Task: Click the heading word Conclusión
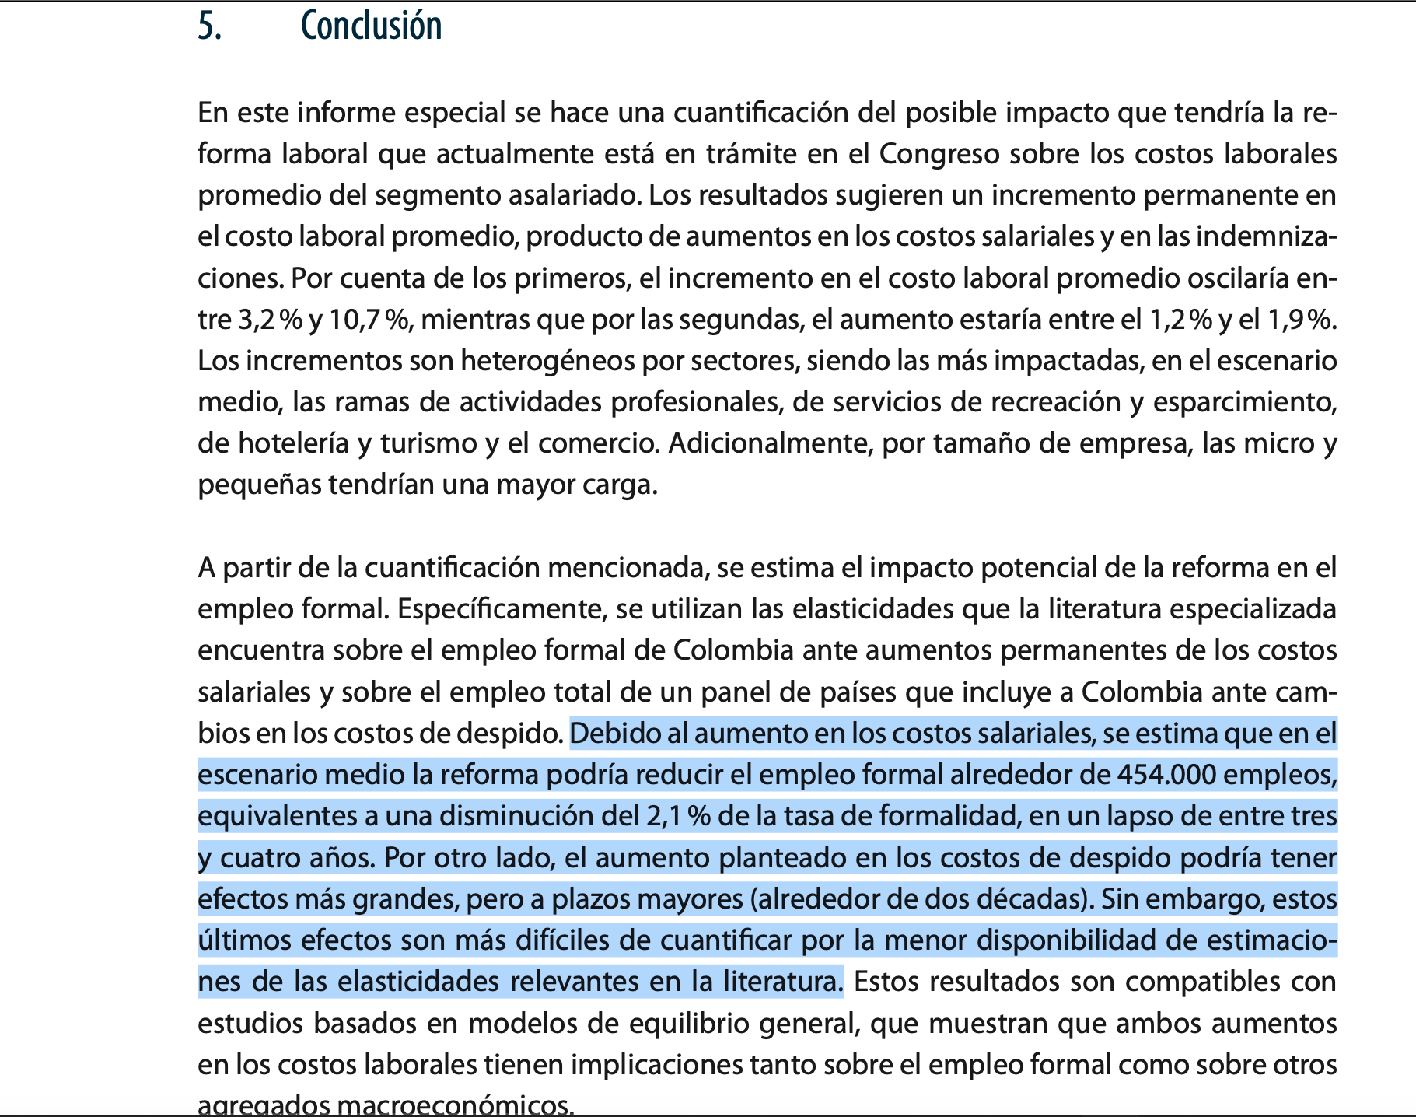pos(371,26)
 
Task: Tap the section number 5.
pos(208,26)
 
